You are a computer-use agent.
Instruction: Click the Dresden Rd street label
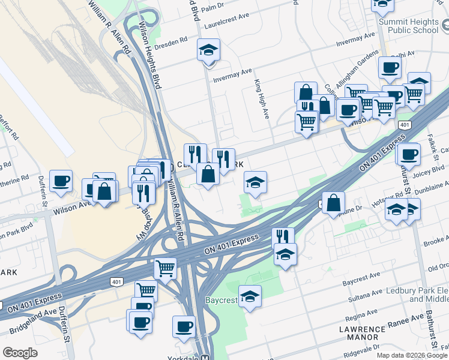(172, 45)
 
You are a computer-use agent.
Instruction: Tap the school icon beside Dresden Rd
(208, 50)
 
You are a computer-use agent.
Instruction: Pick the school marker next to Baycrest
(250, 296)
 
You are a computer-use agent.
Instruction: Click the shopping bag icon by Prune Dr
(333, 203)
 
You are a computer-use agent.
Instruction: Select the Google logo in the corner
(20, 353)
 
